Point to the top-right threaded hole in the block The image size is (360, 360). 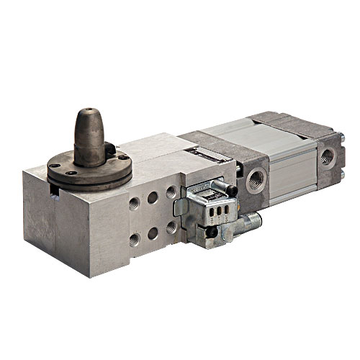[171, 192]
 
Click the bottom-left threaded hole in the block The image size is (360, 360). [135, 240]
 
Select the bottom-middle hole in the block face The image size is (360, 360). [153, 233]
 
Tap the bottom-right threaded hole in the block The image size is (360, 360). [171, 227]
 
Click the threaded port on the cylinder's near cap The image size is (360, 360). [256, 179]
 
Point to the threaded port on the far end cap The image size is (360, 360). [328, 155]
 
